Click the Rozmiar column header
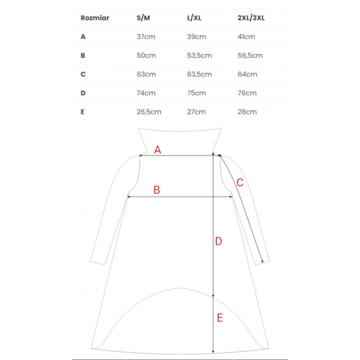pyautogui.click(x=95, y=18)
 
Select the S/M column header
pyautogui.click(x=144, y=18)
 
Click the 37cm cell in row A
pyautogui.click(x=146, y=37)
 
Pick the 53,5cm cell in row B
pyautogui.click(x=199, y=56)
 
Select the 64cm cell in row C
pyautogui.click(x=247, y=74)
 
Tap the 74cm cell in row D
pyautogui.click(x=146, y=93)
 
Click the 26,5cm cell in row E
pyautogui.click(x=149, y=112)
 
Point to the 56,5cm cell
pyautogui.click(x=250, y=56)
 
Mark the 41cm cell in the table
pyautogui.click(x=246, y=37)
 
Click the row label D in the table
pyautogui.click(x=83, y=93)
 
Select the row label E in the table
pyautogui.click(x=83, y=112)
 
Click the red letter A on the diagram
pyautogui.click(x=157, y=150)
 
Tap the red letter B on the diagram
pyautogui.click(x=157, y=190)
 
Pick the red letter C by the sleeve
pyautogui.click(x=240, y=182)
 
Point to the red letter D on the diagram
pyautogui.click(x=218, y=242)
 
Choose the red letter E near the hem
pyautogui.click(x=220, y=318)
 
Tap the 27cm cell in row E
pyautogui.click(x=196, y=112)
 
